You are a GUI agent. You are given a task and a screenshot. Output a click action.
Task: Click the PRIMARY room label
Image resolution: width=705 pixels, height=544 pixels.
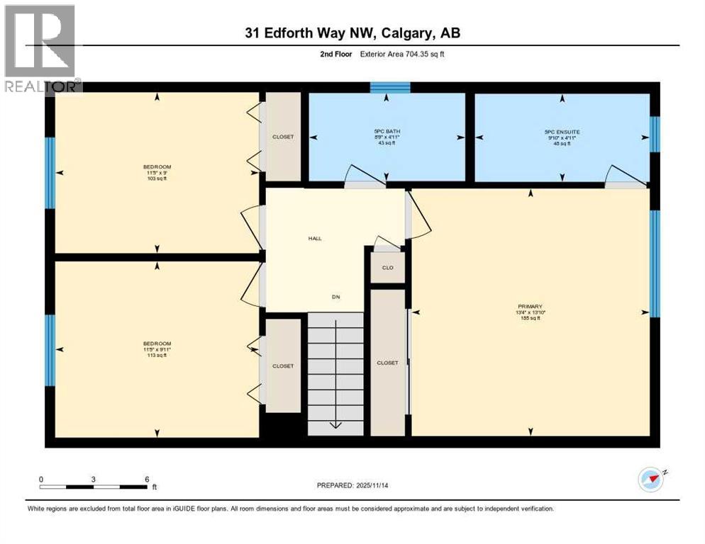coord(531,306)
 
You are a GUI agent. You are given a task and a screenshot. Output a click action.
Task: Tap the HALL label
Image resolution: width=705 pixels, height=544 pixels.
coord(314,239)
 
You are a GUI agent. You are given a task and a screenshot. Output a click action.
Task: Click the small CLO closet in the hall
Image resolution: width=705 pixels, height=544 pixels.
coord(387,268)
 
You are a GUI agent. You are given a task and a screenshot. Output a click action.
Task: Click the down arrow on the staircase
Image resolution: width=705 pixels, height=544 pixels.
coord(336,424)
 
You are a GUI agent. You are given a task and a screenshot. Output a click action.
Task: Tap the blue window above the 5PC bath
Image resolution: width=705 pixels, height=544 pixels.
coord(390,87)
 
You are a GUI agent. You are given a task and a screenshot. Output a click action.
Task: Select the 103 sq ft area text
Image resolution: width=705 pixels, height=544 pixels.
coord(157,178)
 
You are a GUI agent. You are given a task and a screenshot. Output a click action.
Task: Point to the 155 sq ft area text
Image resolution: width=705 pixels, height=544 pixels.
coord(531,318)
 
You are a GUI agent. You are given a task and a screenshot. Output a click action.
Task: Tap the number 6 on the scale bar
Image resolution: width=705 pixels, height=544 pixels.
coord(146,480)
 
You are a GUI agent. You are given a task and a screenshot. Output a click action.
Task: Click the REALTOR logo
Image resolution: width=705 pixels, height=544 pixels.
coord(41,48)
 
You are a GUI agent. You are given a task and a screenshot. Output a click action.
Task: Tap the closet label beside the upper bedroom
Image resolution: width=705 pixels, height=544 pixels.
coord(282,137)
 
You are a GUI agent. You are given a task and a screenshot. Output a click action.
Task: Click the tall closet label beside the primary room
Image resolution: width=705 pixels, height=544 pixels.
coord(387,363)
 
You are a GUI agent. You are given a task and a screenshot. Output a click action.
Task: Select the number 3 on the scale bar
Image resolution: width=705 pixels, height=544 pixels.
coord(93,480)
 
